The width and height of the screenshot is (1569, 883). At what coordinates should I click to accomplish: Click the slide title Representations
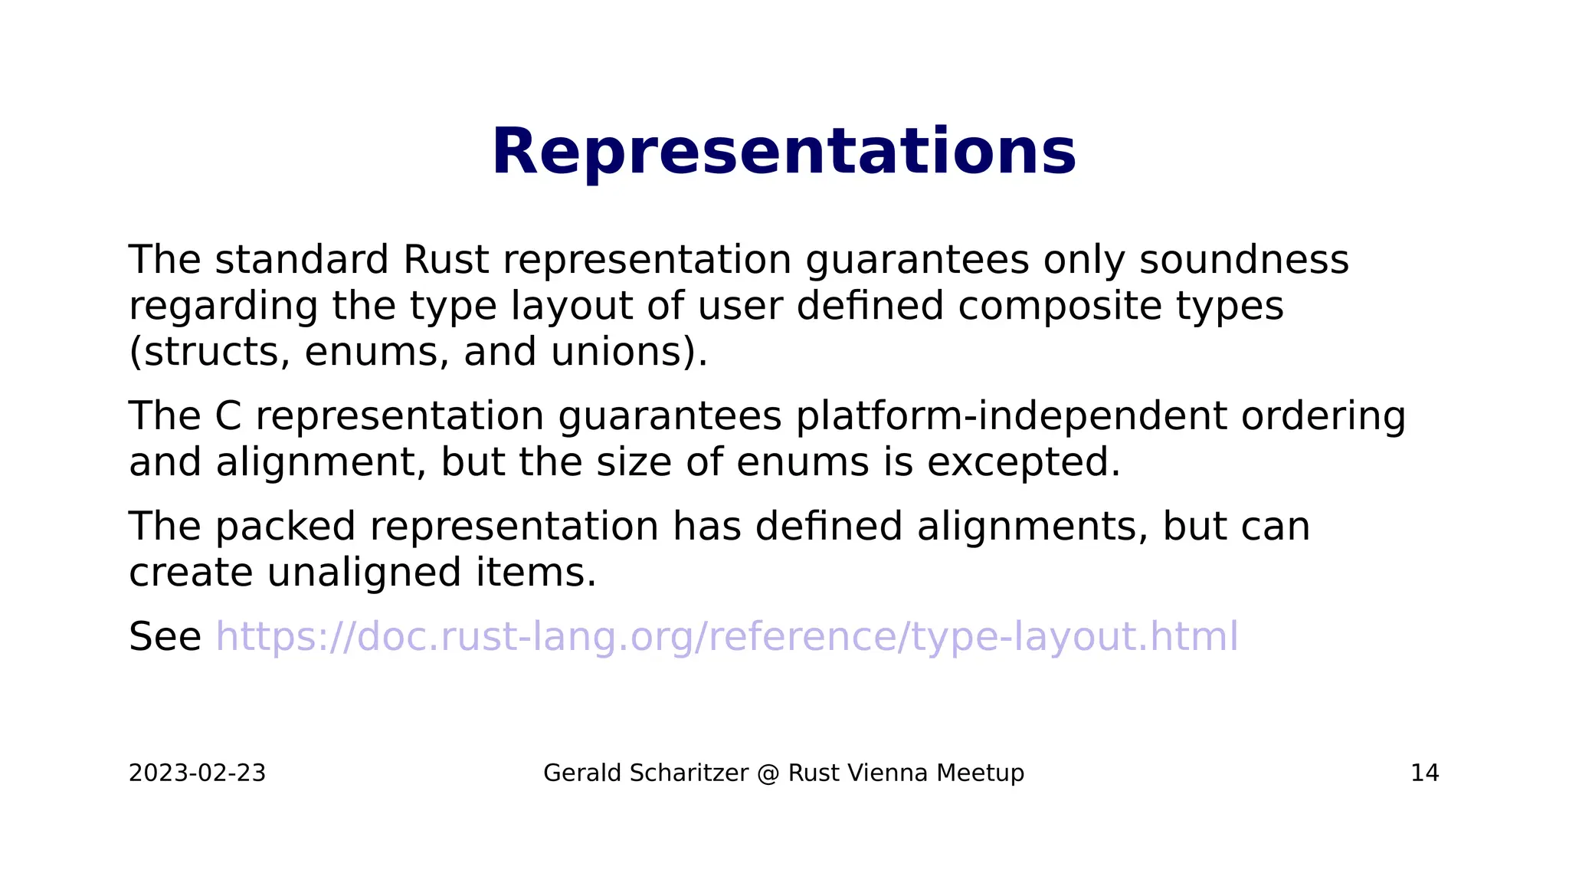click(784, 153)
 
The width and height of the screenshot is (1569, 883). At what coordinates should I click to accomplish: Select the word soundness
click(1243, 260)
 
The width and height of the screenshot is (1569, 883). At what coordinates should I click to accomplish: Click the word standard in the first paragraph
click(302, 260)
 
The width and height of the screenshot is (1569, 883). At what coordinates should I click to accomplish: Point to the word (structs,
click(209, 353)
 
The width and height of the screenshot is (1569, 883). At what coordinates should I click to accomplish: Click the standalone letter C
click(228, 417)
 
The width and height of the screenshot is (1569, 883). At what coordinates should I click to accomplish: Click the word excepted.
click(1024, 464)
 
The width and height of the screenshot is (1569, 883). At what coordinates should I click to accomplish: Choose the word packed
click(285, 527)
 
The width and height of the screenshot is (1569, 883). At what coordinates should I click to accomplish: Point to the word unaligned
click(364, 573)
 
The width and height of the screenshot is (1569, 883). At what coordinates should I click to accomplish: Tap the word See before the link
click(165, 637)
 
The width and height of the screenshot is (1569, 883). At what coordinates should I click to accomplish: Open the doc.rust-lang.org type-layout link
click(726, 637)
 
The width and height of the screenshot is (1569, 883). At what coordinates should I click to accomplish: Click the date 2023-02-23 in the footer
click(197, 773)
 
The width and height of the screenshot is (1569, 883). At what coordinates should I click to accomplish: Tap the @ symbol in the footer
click(768, 773)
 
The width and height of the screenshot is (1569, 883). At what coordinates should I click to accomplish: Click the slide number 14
click(1424, 773)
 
